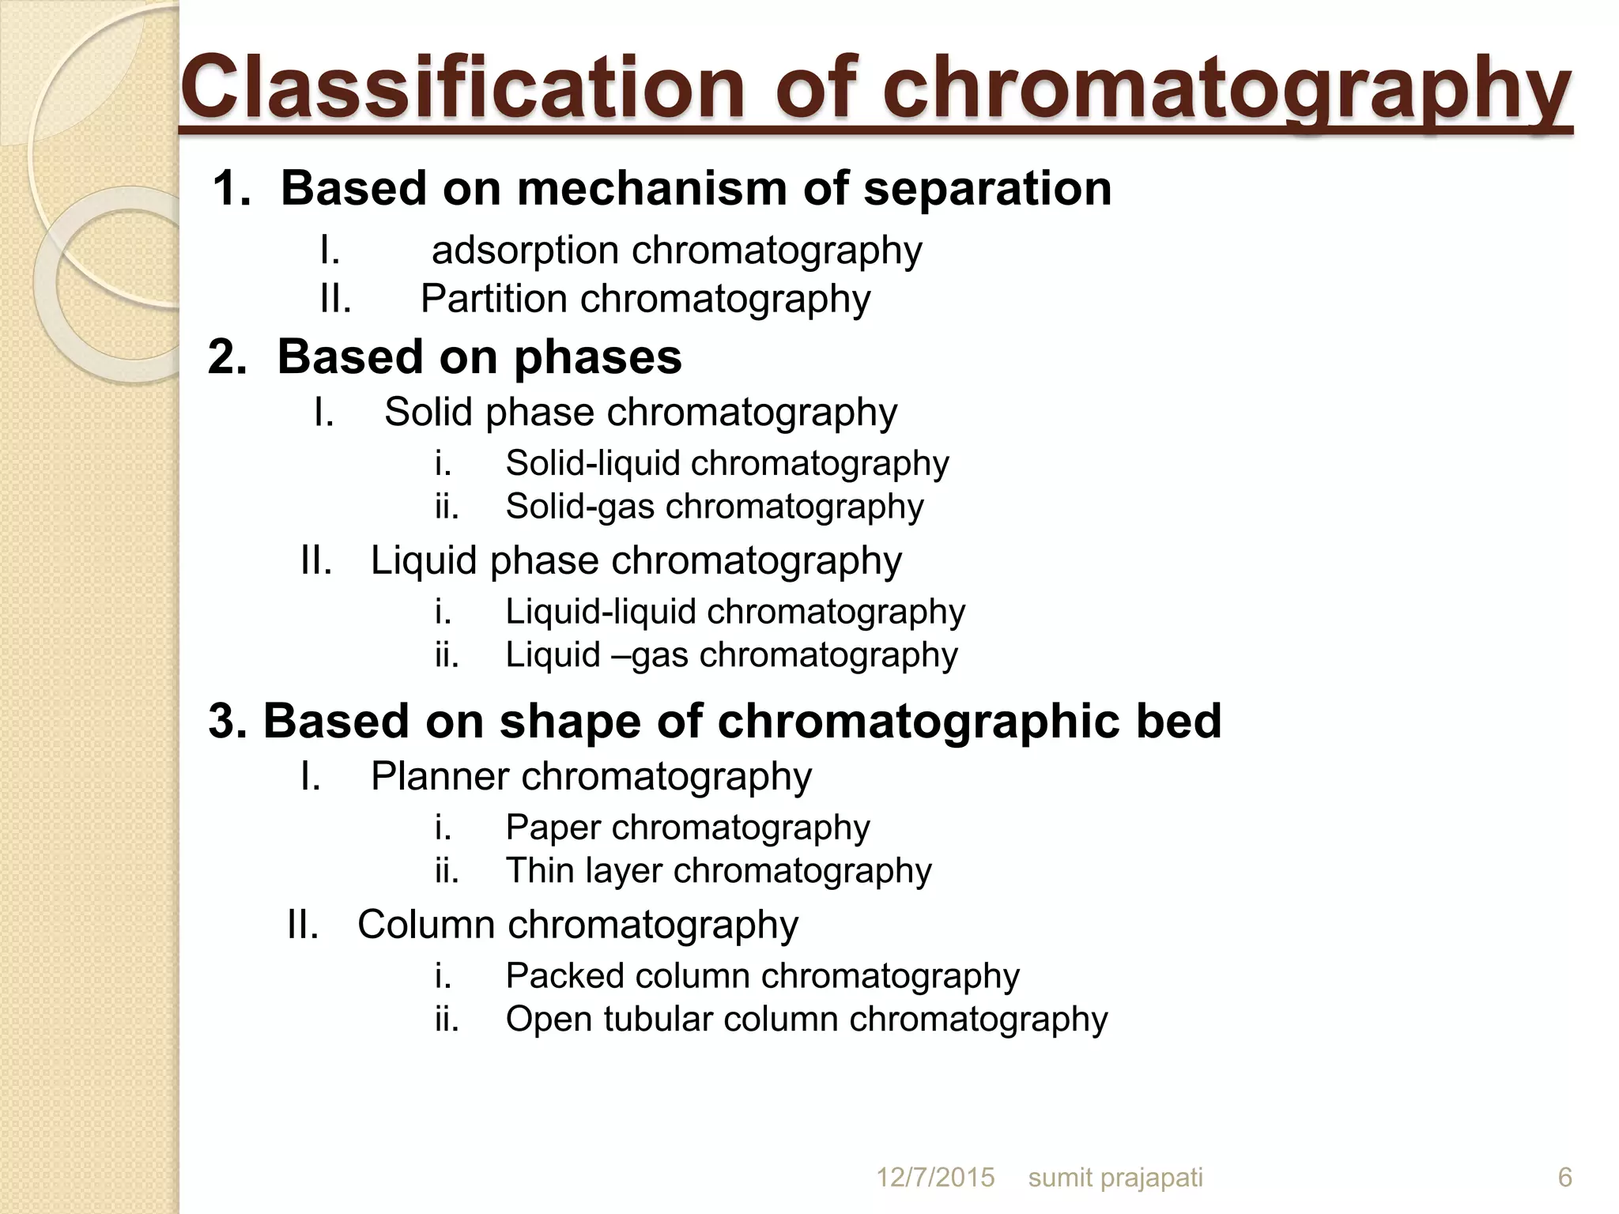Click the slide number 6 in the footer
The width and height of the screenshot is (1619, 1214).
click(1564, 1178)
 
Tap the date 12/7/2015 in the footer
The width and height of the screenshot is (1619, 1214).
click(935, 1178)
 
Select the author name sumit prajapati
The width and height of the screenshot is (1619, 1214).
click(1115, 1178)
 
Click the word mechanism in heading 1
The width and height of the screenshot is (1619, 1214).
click(652, 189)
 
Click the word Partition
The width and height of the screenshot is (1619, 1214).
click(493, 300)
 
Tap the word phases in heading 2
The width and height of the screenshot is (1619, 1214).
click(598, 357)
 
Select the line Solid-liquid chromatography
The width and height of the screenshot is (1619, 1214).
click(726, 464)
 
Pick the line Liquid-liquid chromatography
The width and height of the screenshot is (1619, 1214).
click(734, 613)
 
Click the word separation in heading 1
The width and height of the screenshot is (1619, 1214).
click(987, 189)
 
